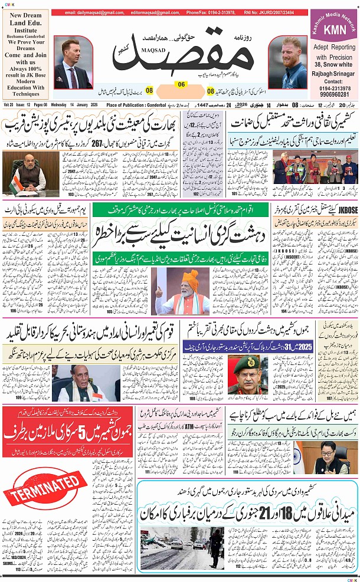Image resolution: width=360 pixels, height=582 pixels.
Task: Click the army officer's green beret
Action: pos(244,359)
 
